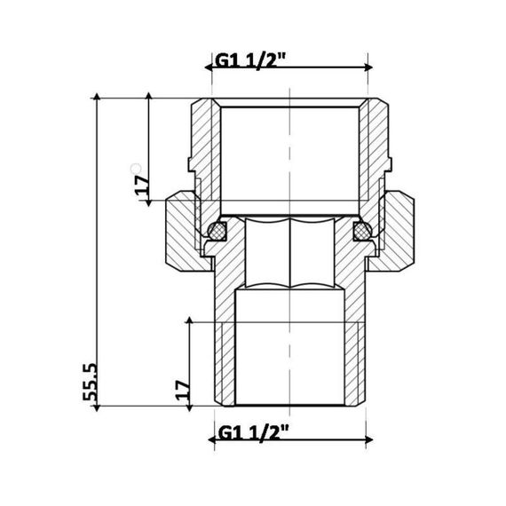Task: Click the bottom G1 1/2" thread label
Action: [252, 435]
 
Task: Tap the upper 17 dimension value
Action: [140, 187]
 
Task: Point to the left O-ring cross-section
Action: [216, 232]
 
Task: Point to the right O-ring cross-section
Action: [362, 232]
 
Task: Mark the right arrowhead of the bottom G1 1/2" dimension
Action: [366, 439]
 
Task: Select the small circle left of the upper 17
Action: [135, 168]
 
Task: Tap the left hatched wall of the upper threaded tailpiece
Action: [203, 142]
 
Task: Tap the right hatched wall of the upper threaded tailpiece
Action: [375, 142]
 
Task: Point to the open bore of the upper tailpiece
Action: [289, 151]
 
